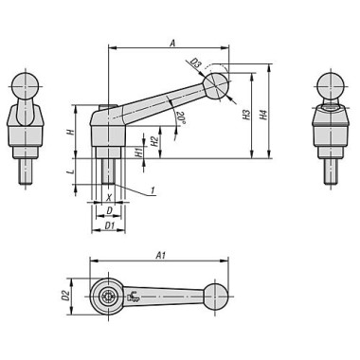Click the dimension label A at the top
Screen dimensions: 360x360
pos(172,43)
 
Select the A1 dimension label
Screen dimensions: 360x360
pos(161,256)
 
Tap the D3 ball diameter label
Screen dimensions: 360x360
pos(196,63)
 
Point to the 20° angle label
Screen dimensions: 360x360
pos(180,117)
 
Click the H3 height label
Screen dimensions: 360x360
pos(246,115)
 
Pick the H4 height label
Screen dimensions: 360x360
pos(263,115)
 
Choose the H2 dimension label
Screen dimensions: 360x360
pos(153,141)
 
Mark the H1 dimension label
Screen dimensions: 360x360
pos(138,153)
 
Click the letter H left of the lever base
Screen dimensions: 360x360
pos(72,131)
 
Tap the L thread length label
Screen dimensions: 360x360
pos(72,171)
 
